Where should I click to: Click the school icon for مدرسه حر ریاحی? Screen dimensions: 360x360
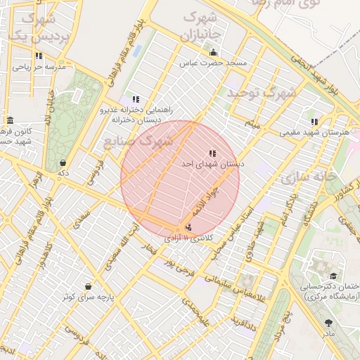[x=39, y=55]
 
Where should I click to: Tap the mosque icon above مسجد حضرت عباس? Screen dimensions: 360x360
[x=214, y=53]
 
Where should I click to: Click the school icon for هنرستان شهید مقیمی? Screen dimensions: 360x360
[x=314, y=122]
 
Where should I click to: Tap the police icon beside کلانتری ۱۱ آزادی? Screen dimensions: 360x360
[x=188, y=227]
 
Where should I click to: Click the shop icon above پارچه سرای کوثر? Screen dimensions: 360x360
[x=88, y=286]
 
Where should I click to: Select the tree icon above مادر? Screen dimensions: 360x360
[x=329, y=323]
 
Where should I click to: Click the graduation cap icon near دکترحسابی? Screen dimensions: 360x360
[x=333, y=276]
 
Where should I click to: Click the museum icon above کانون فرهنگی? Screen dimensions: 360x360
[x=9, y=120]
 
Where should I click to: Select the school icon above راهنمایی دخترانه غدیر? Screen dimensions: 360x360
[x=135, y=100]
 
